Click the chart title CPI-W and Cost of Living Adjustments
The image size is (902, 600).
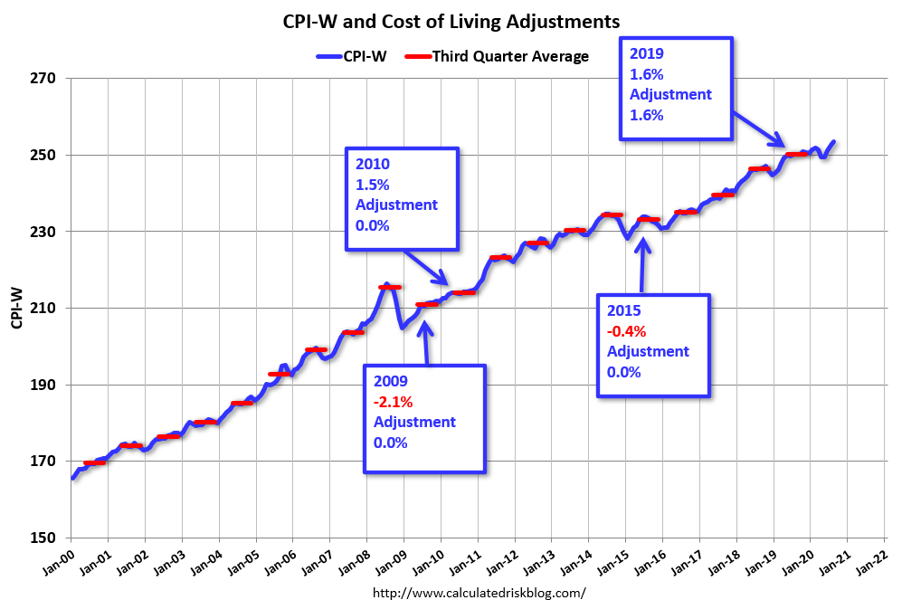[x=451, y=20]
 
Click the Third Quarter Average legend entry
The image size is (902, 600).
[x=509, y=56]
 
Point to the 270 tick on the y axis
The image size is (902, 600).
[x=44, y=79]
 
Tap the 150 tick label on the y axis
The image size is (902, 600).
[x=44, y=538]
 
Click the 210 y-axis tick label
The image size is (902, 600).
[x=44, y=309]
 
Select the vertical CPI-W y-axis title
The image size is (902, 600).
[x=16, y=309]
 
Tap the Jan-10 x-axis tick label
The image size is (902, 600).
[x=430, y=566]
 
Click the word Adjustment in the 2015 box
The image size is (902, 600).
[x=648, y=351]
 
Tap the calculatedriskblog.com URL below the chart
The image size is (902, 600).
[x=479, y=593]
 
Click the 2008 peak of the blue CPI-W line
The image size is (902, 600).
[x=386, y=285]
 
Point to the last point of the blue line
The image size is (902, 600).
[x=833, y=141]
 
